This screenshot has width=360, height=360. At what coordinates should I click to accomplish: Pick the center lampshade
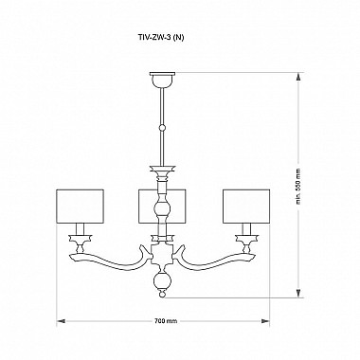point(160,206)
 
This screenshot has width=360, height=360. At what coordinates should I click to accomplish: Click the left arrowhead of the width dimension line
point(61,320)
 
